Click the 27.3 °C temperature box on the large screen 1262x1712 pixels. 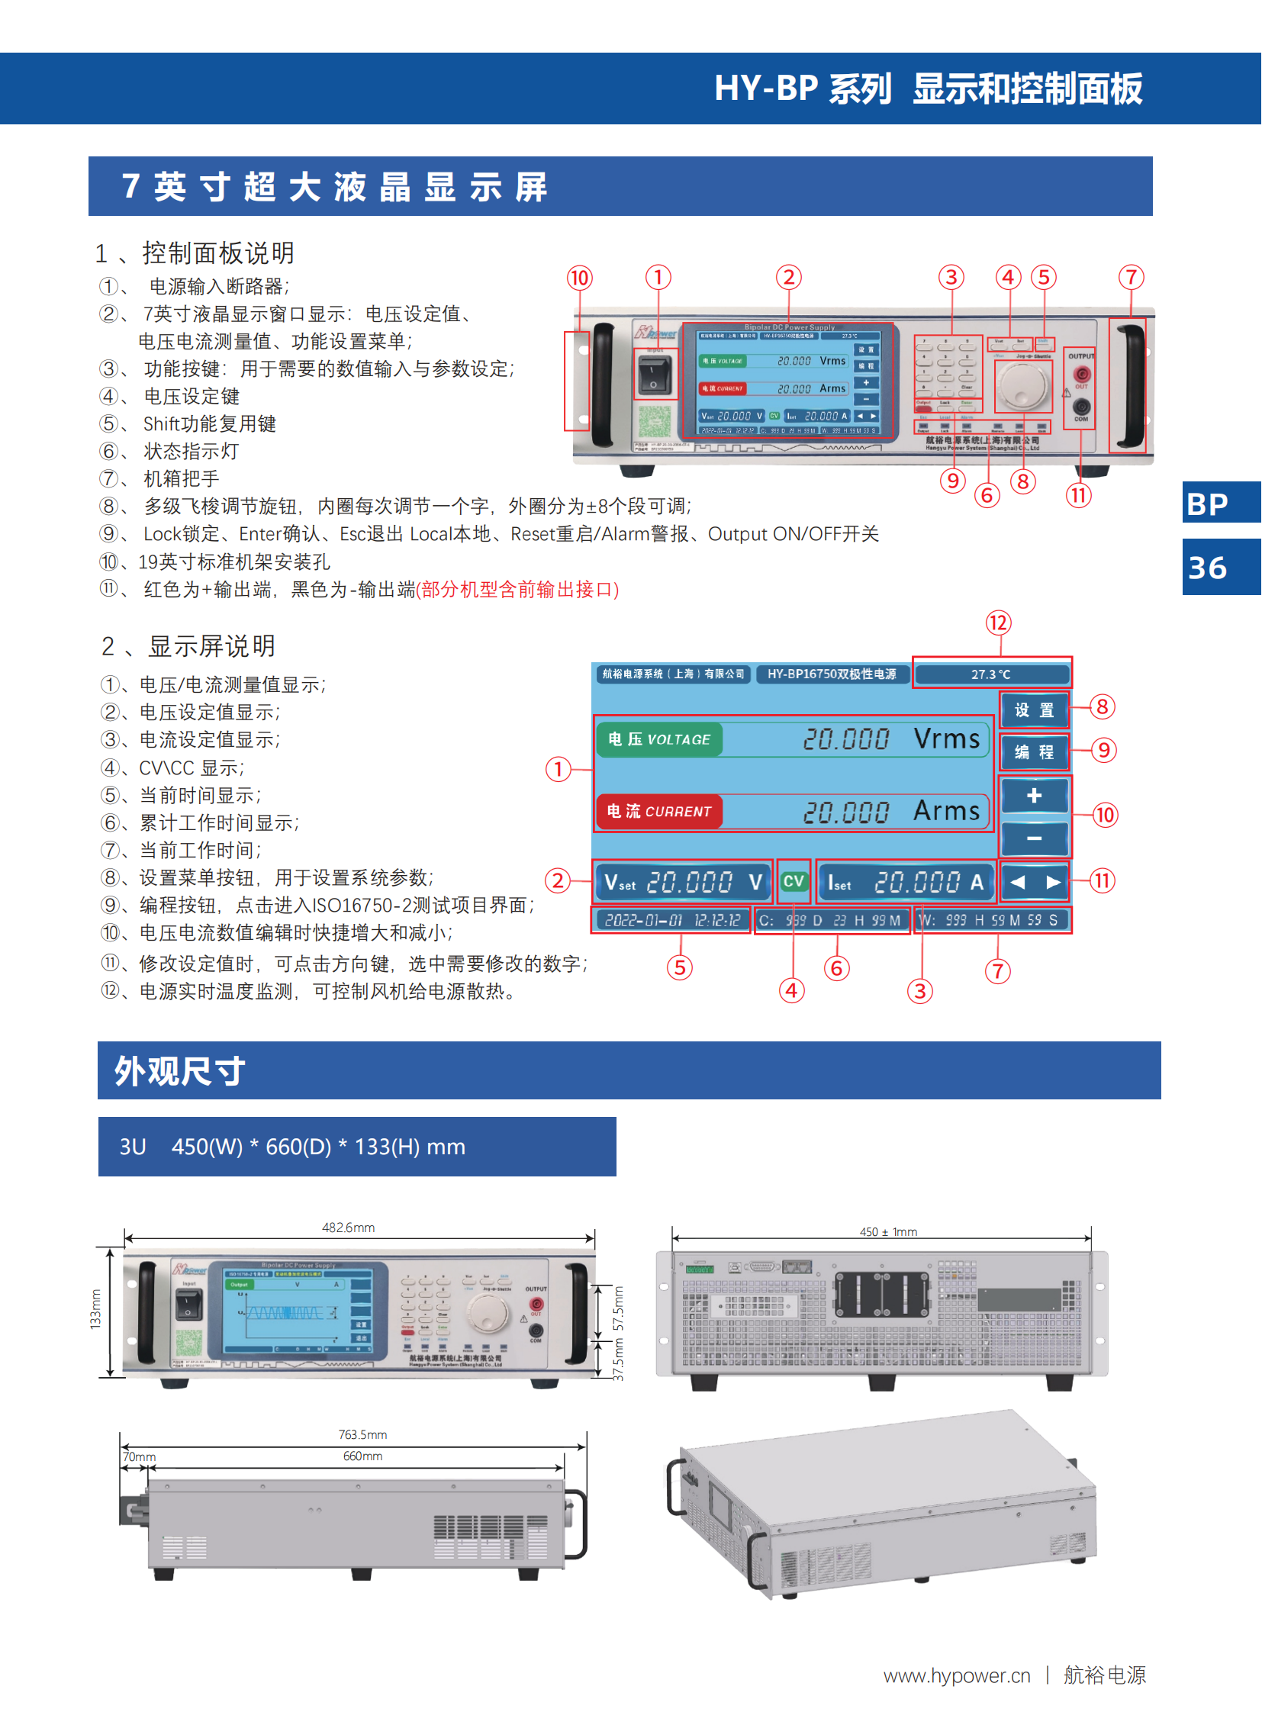click(992, 674)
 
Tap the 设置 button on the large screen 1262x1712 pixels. click(1035, 710)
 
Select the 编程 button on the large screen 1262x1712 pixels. click(1035, 752)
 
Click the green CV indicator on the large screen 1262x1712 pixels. click(794, 882)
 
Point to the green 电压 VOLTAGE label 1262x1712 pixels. click(659, 739)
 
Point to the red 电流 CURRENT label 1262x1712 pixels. click(659, 811)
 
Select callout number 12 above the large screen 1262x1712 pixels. click(998, 623)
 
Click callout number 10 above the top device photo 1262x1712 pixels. click(580, 278)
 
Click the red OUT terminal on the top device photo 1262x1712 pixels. click(1082, 375)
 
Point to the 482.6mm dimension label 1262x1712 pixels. click(349, 1228)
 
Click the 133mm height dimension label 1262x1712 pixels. click(95, 1309)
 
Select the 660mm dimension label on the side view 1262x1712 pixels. click(363, 1456)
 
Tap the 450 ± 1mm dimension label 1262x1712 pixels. click(888, 1231)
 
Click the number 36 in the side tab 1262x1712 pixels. click(1208, 568)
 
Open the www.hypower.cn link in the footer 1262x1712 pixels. click(957, 1676)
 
